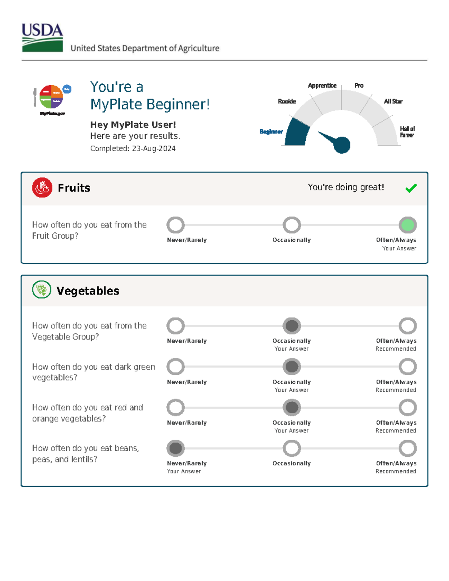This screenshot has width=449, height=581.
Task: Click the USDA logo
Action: tap(42, 37)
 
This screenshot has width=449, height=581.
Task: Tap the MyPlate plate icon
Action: tap(51, 97)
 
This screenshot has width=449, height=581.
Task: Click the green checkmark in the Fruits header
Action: tap(411, 188)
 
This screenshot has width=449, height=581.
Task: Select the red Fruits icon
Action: tap(42, 187)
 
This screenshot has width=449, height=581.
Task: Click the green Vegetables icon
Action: tap(42, 290)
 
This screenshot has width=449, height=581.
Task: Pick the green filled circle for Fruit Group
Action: tap(407, 225)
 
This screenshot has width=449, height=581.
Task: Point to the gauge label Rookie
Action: tap(287, 101)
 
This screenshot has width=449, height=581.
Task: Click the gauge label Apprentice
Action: tap(322, 85)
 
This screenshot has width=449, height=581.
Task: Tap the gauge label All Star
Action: tap(393, 101)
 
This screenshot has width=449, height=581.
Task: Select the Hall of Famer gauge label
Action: tap(407, 132)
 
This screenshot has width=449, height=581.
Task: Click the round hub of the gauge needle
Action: tap(342, 145)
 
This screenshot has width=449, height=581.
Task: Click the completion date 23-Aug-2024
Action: tap(154, 149)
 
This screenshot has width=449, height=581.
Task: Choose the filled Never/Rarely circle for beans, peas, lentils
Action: tap(175, 448)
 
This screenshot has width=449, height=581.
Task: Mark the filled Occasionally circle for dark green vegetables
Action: tap(291, 367)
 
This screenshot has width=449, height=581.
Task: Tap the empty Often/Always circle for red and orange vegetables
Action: tap(407, 407)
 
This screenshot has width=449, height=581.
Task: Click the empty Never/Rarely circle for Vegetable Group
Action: tap(175, 326)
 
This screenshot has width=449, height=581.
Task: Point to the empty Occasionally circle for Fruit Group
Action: tap(291, 225)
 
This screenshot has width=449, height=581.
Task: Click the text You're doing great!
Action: tap(346, 187)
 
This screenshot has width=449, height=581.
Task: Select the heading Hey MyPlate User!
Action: tap(133, 125)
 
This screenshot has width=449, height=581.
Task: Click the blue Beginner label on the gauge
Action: tap(271, 131)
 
